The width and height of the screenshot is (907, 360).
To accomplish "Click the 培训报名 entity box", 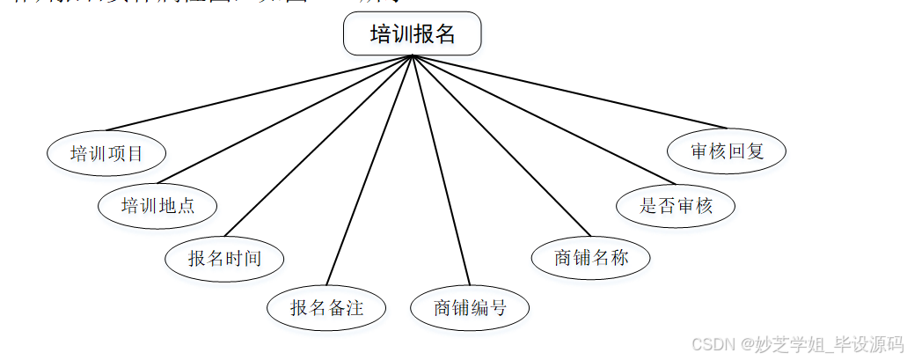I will click(412, 34).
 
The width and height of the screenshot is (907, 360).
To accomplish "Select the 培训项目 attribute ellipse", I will click(106, 154).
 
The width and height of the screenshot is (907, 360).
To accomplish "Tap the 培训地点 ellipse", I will click(157, 206).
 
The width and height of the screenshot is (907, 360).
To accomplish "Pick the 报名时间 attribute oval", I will click(224, 258).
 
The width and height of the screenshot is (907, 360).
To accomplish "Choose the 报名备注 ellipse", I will click(326, 307).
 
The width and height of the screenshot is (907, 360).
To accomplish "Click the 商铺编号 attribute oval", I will click(470, 307).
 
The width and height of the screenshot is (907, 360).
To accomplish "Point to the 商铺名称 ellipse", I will click(591, 257).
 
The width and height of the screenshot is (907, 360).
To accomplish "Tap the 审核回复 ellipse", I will click(727, 151).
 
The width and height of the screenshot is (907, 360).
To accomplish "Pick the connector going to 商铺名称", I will click(494, 145).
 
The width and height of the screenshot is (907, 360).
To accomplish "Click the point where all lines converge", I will click(412, 57).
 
